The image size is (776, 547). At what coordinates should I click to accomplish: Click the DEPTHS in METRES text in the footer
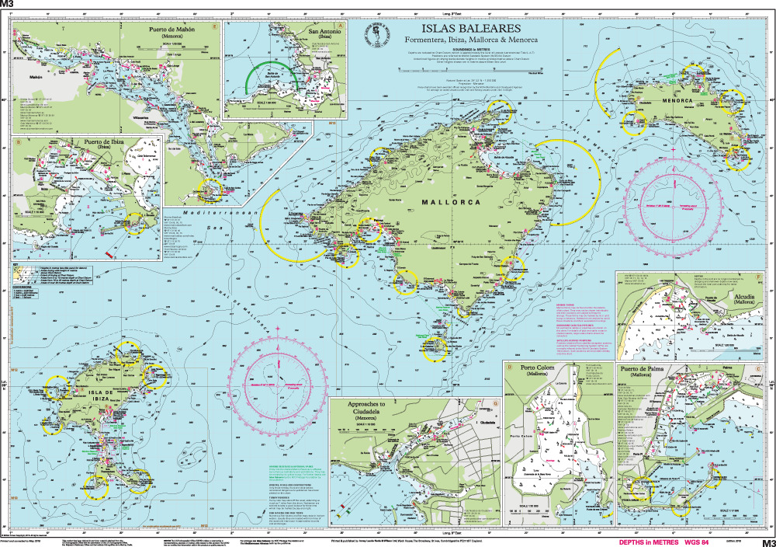tap(648, 542)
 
